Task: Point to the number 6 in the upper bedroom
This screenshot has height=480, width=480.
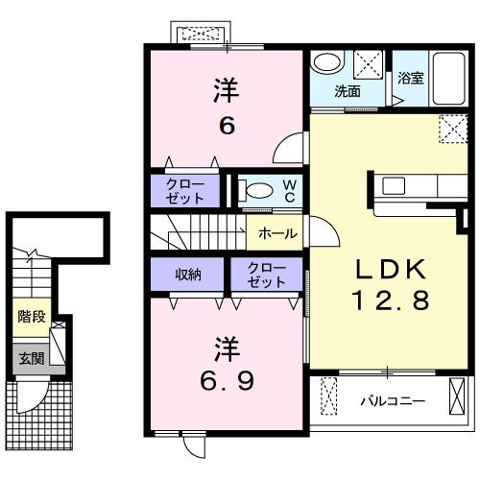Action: coord(226,125)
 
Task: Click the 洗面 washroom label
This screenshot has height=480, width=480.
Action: coord(347,92)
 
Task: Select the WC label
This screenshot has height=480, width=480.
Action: coord(288,189)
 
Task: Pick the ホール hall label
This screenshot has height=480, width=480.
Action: coord(277,233)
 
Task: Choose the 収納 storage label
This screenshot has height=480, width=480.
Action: coord(187,276)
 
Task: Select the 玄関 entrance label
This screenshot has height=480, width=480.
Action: coord(30,359)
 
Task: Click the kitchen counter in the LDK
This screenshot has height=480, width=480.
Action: coord(407,185)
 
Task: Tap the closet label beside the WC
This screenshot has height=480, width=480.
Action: coord(185,190)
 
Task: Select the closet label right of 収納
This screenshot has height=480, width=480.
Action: coord(266,276)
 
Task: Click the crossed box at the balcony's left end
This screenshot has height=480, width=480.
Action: coord(329,396)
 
